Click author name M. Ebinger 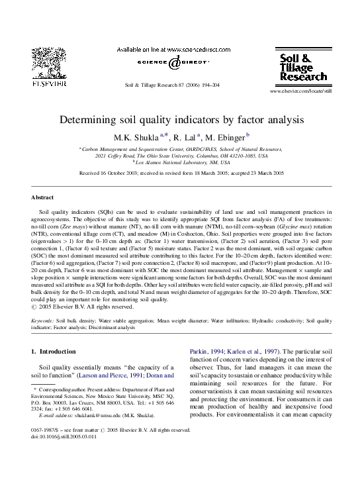tap(226, 138)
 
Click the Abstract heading tap(42, 197)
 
